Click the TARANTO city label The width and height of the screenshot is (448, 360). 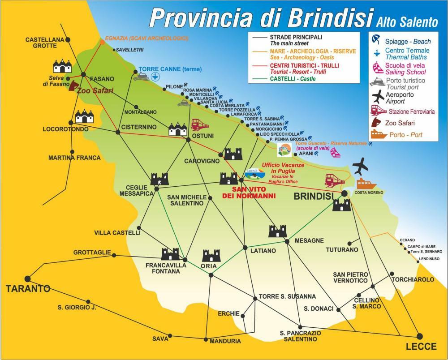pyautogui.click(x=28, y=289)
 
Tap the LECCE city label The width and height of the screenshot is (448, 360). pyautogui.click(x=421, y=347)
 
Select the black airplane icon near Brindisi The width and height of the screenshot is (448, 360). pyautogui.click(x=360, y=167)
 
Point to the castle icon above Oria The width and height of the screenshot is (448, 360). pyautogui.click(x=211, y=256)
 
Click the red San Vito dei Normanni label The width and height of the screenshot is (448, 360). pyautogui.click(x=250, y=193)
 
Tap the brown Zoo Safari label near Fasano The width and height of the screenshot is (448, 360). pyautogui.click(x=95, y=90)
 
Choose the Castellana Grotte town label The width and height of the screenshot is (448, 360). pyautogui.click(x=41, y=43)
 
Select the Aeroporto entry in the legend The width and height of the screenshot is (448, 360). pyautogui.click(x=400, y=98)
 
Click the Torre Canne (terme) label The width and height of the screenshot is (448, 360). pyautogui.click(x=170, y=69)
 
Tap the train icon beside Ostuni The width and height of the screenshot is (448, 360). pyautogui.click(x=198, y=124)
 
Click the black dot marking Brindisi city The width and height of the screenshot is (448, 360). pyautogui.click(x=344, y=193)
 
